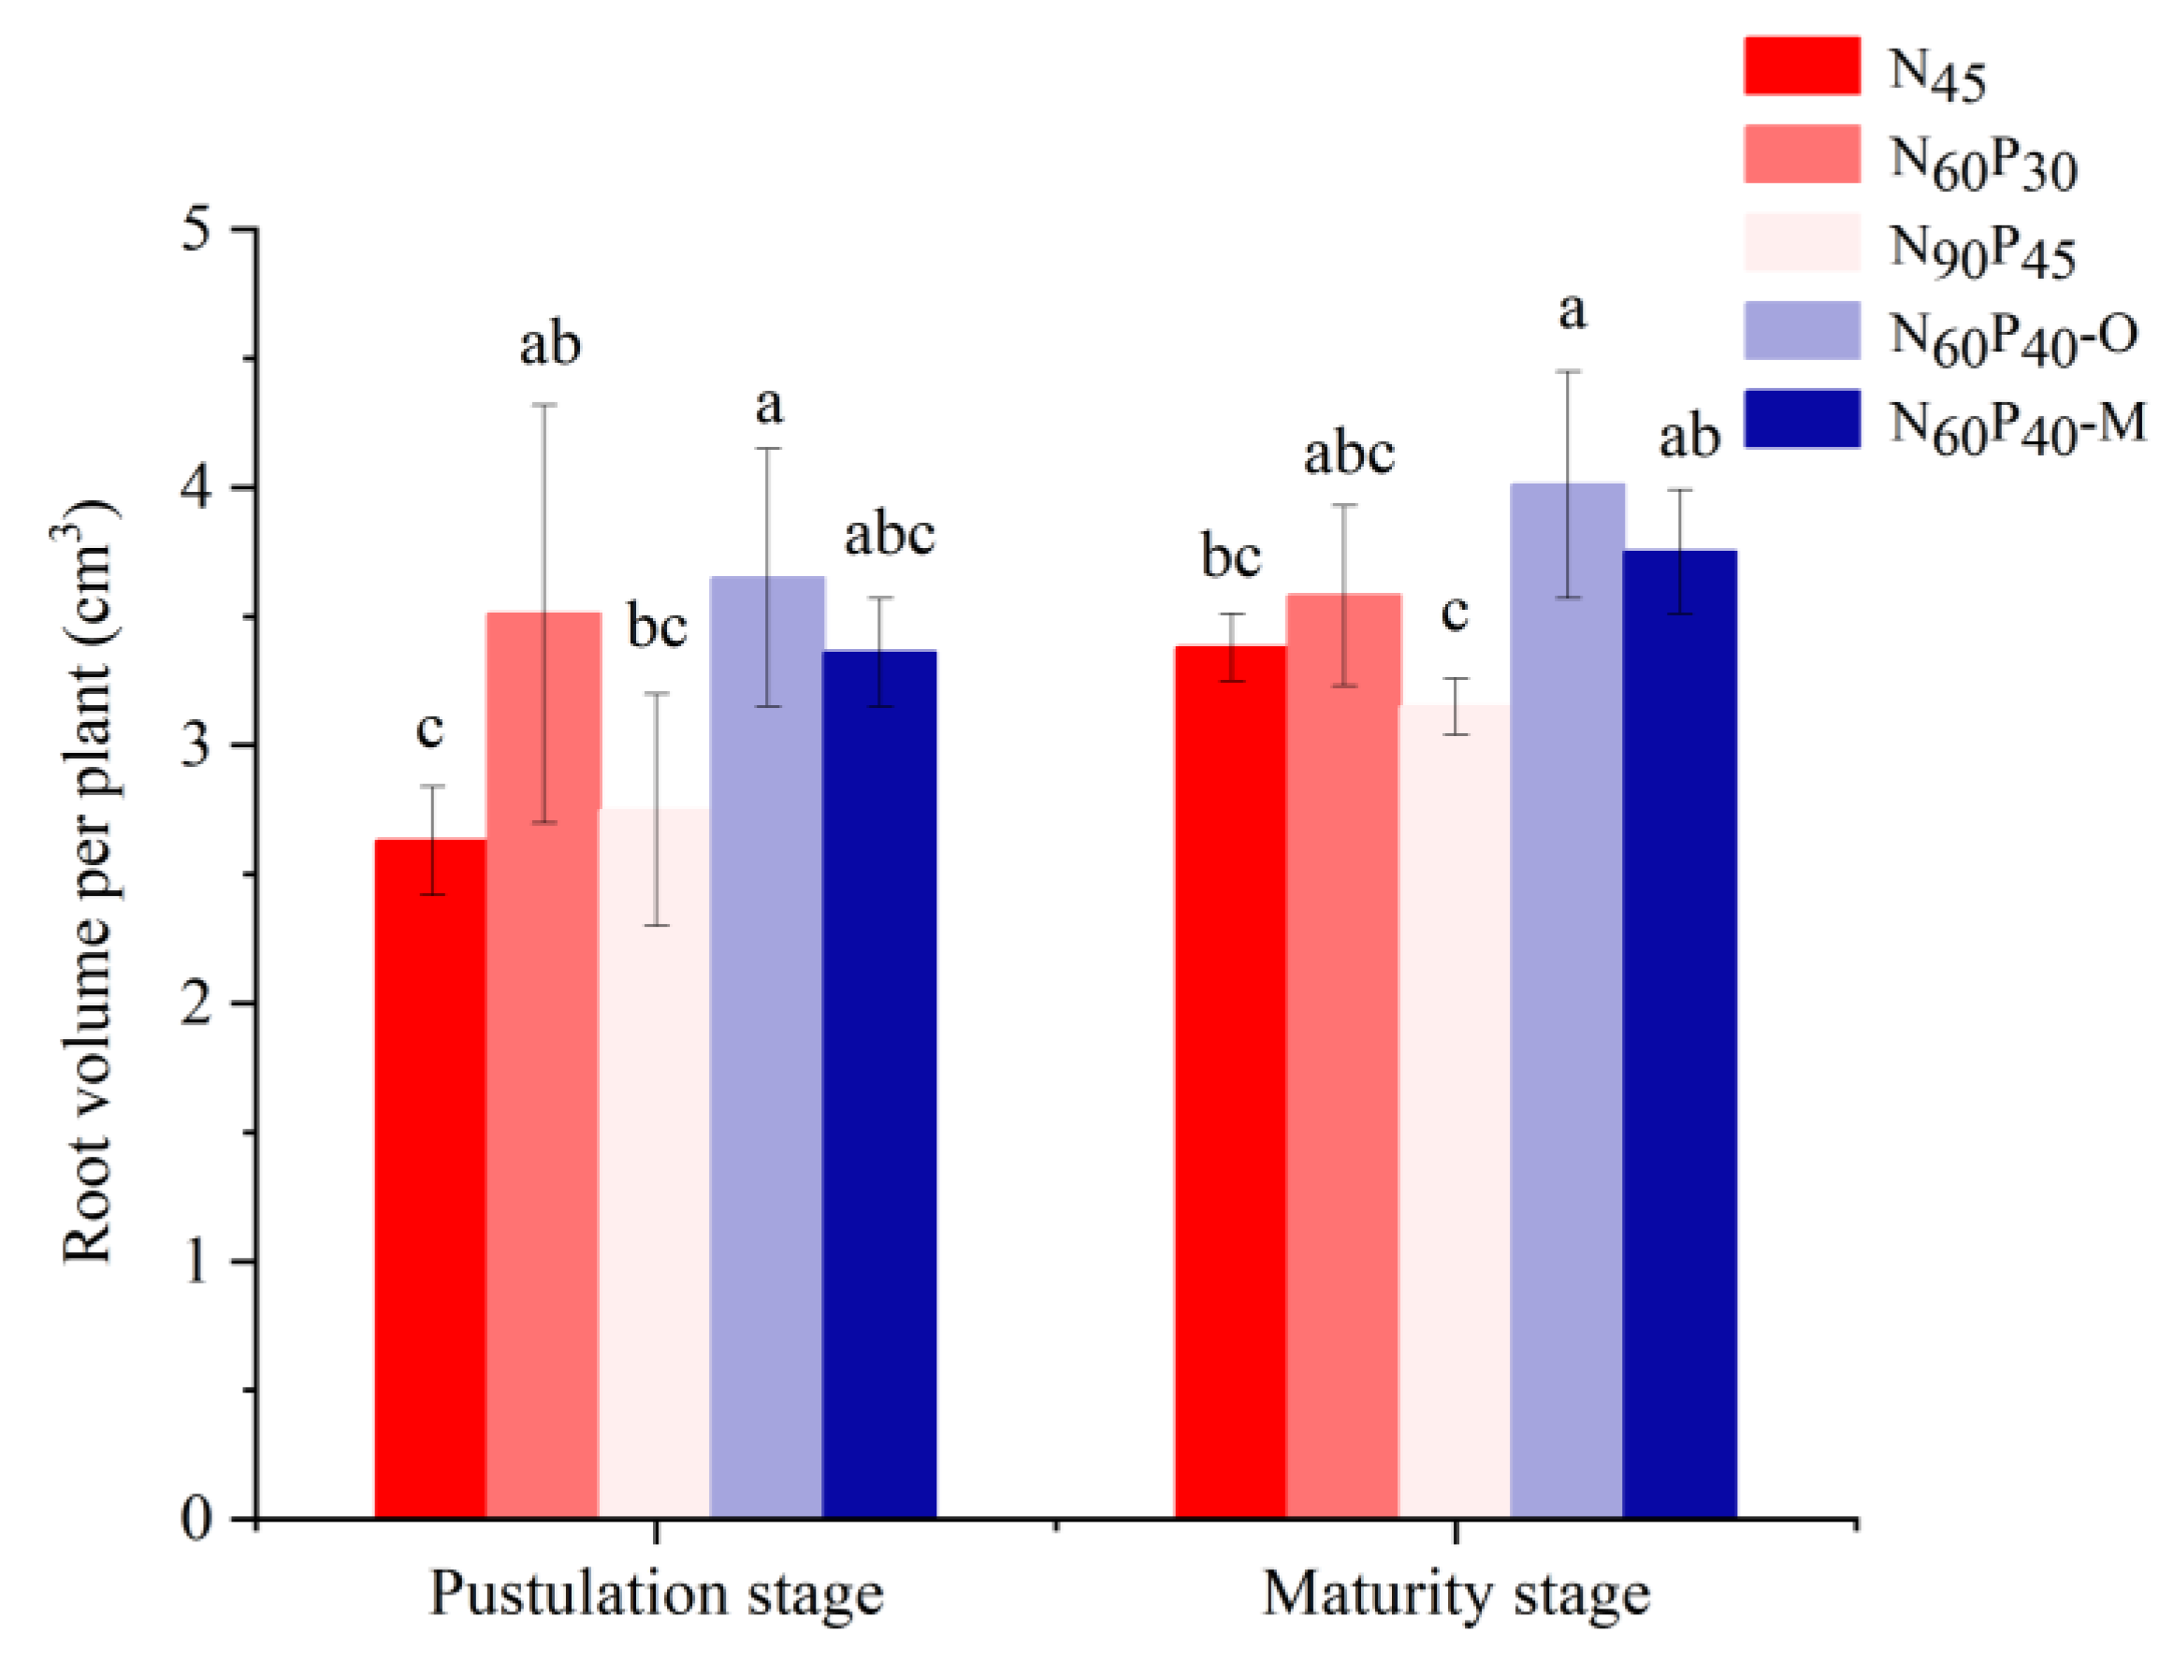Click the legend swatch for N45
pyautogui.click(x=1801, y=66)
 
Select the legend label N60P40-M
pyautogui.click(x=2016, y=425)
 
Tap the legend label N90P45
pyautogui.click(x=1981, y=250)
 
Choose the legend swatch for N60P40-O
pyautogui.click(x=1801, y=330)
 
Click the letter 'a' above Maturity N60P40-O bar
pyautogui.click(x=1572, y=311)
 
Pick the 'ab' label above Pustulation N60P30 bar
pyautogui.click(x=549, y=345)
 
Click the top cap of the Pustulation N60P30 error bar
pyautogui.click(x=544, y=405)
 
